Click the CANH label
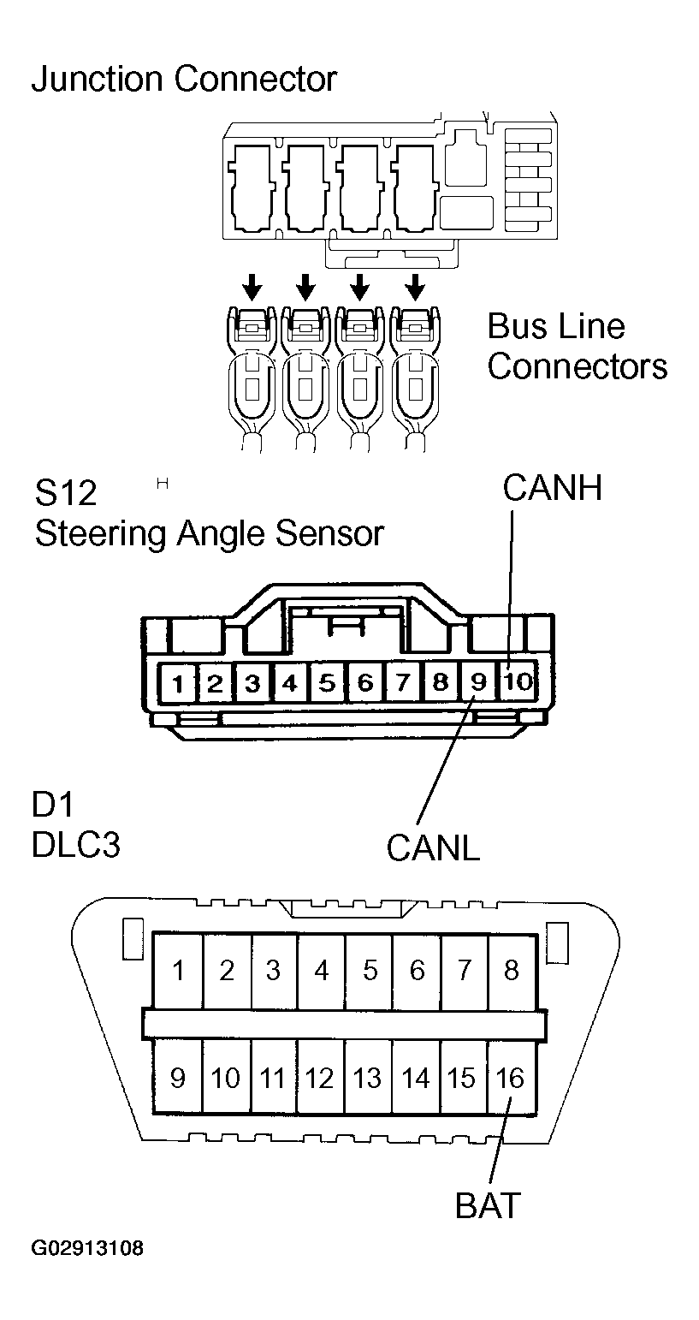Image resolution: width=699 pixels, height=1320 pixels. [x=553, y=487]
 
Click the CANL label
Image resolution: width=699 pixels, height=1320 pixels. [x=433, y=847]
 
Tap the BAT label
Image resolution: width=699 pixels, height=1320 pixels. [x=487, y=1205]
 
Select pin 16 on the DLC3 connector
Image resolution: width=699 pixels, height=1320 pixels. [x=511, y=1077]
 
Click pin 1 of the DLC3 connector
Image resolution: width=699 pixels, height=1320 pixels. [x=178, y=970]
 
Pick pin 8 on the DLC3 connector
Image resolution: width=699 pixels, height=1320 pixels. [x=512, y=970]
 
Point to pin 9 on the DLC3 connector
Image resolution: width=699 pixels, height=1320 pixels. [x=178, y=1077]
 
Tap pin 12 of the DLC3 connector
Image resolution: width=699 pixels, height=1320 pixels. [x=320, y=1077]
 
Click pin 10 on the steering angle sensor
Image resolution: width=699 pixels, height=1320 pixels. [x=518, y=682]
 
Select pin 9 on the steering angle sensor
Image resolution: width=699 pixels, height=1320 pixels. [x=478, y=682]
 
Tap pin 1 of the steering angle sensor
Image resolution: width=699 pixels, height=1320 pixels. [x=178, y=683]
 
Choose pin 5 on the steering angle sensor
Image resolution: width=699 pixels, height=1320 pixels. [x=327, y=682]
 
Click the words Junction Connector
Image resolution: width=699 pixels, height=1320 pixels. [x=184, y=80]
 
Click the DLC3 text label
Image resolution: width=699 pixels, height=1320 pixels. [x=76, y=845]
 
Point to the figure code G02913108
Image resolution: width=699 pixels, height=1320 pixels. [x=88, y=1249]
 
